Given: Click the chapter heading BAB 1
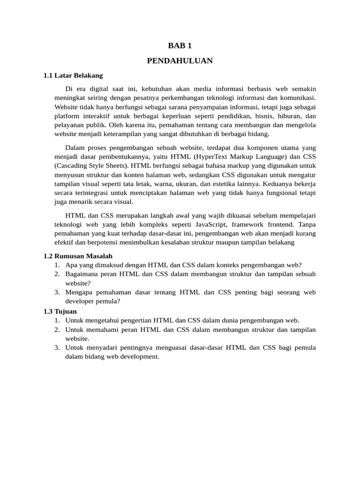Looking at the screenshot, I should pyautogui.click(x=180, y=45).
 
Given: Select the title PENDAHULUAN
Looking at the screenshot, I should pyautogui.click(x=180, y=61).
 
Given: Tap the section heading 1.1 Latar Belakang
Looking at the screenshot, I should pyautogui.click(x=73, y=75).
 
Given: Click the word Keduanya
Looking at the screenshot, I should pyautogui.click(x=283, y=183).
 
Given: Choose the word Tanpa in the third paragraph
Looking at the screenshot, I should pyautogui.click(x=307, y=224).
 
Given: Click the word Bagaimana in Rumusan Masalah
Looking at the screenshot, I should pyautogui.click(x=81, y=274).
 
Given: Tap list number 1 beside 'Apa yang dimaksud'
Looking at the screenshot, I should pyautogui.click(x=56, y=265).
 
